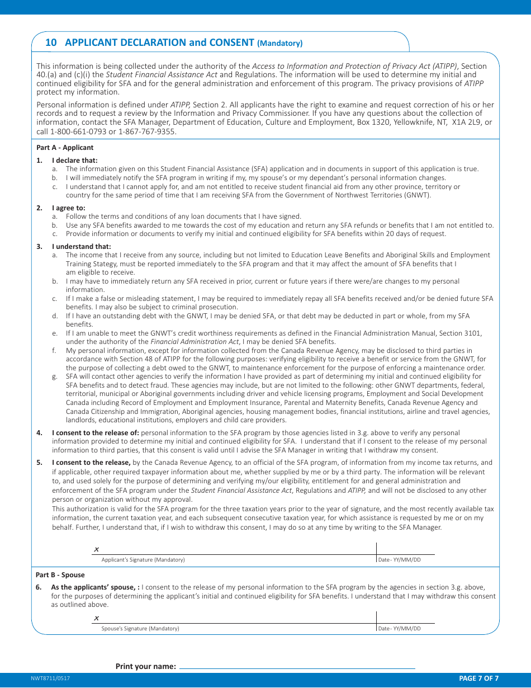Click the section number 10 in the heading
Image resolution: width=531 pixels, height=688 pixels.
point(51,43)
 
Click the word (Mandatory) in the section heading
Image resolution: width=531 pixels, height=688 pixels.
point(280,43)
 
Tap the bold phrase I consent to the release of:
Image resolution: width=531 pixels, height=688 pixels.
point(96,433)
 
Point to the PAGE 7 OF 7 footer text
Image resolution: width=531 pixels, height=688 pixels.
point(478,678)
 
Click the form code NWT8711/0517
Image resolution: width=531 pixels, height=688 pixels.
point(50,678)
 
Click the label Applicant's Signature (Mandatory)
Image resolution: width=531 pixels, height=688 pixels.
point(143,560)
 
